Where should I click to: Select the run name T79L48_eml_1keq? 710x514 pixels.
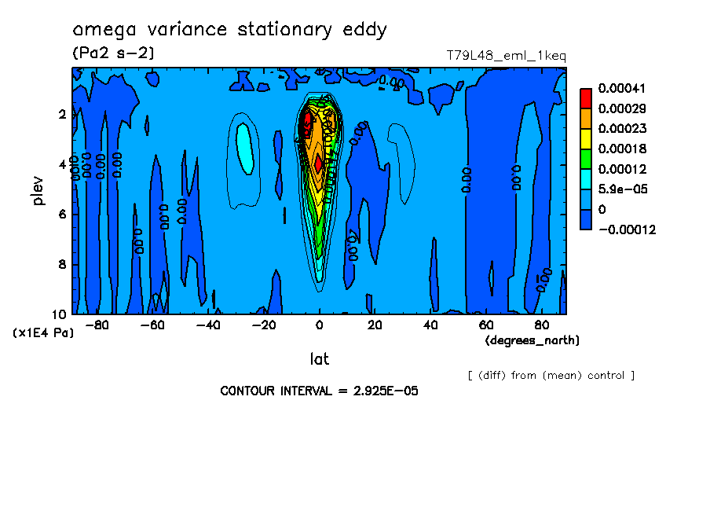(506, 56)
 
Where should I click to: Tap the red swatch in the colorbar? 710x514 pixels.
(585, 97)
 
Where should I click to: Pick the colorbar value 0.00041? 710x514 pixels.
(621, 88)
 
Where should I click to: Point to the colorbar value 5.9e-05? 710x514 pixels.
(621, 189)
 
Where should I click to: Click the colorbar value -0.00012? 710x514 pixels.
(626, 229)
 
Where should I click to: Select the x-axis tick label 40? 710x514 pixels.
(430, 325)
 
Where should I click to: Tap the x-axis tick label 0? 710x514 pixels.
(319, 325)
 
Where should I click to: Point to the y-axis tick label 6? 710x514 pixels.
(62, 215)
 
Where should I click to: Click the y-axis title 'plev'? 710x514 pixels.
(38, 190)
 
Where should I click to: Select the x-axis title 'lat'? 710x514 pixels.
(319, 359)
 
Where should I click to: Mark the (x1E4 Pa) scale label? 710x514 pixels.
(43, 333)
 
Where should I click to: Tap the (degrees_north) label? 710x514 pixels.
(532, 340)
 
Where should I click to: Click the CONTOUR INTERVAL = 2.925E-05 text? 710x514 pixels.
(319, 391)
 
